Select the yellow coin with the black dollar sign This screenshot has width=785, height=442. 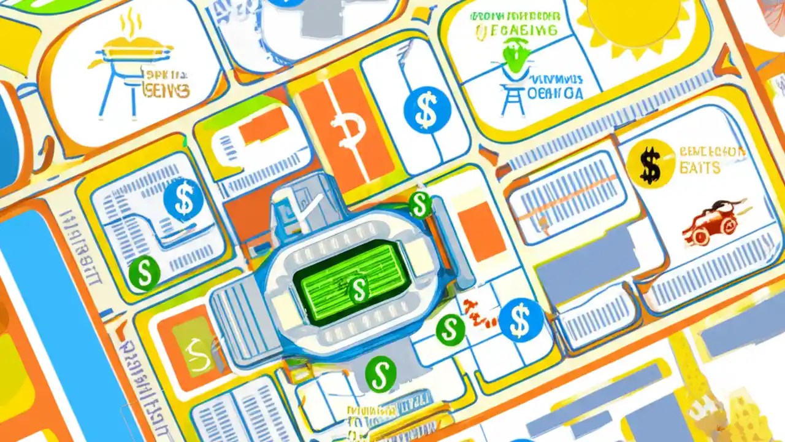(x=651, y=163)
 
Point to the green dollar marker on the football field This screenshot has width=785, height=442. (x=358, y=289)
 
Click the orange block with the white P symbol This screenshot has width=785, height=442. (x=347, y=129)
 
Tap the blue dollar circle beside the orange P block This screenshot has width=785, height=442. (x=427, y=110)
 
